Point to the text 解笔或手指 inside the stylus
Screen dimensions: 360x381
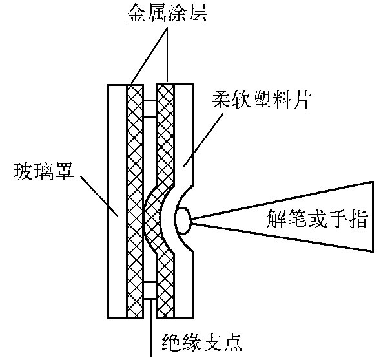click(316, 219)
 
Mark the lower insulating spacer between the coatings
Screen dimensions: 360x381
click(150, 291)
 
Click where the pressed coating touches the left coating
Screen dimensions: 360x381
click(145, 220)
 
